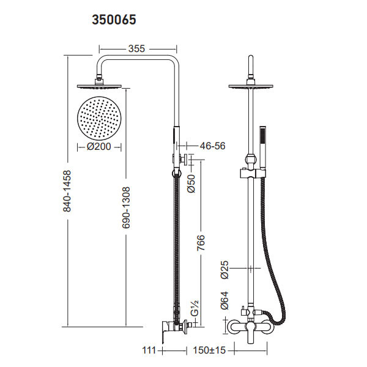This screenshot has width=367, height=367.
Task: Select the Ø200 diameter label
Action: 100,147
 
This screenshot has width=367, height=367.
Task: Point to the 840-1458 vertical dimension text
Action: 68,191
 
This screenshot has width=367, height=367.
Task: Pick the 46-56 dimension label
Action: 213,146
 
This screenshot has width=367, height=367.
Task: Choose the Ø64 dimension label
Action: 224,300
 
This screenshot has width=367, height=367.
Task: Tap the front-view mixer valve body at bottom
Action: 250,327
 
